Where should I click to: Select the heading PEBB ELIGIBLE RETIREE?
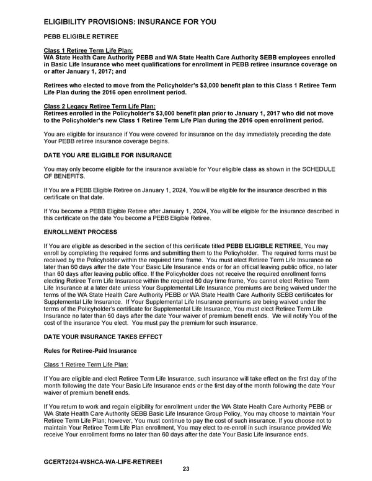[x=81, y=37]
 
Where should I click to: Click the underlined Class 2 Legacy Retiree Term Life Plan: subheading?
[x=91, y=107]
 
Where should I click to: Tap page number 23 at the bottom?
[x=186, y=469]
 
